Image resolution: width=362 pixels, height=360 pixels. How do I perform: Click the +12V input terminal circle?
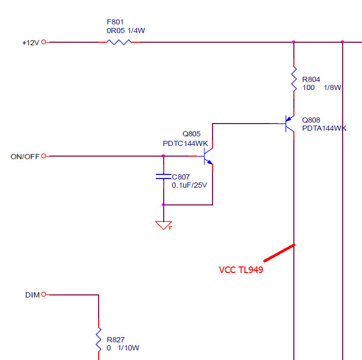[x=43, y=42]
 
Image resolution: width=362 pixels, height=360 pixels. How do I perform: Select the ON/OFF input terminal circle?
[x=43, y=156]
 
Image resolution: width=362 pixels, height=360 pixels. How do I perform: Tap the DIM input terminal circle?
[x=43, y=294]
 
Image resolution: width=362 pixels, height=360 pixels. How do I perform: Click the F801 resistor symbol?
[x=119, y=42]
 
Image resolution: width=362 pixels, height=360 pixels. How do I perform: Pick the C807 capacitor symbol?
[x=163, y=176]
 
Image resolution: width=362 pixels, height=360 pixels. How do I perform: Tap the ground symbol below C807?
[x=163, y=224]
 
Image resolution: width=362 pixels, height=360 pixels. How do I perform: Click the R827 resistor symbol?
[x=99, y=339]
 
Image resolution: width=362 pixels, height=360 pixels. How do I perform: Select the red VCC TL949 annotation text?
[x=241, y=270]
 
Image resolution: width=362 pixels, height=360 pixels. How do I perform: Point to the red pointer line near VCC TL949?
[x=279, y=253]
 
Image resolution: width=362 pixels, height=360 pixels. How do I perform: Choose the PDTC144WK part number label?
[x=186, y=143]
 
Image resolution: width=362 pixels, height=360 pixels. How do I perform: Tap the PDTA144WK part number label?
[x=324, y=129]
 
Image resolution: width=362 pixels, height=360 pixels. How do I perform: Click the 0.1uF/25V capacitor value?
[x=190, y=185]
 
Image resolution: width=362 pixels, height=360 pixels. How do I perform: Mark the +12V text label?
[x=31, y=43]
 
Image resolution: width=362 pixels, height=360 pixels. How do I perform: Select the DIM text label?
[x=32, y=295]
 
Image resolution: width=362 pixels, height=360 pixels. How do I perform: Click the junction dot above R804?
[x=294, y=42]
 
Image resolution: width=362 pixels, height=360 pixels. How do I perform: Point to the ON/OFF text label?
[x=25, y=157]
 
